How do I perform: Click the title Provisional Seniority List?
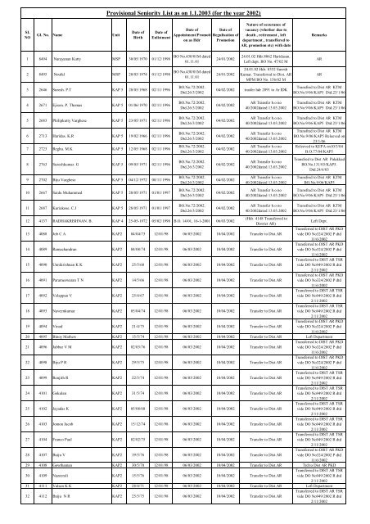pos(184,10)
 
